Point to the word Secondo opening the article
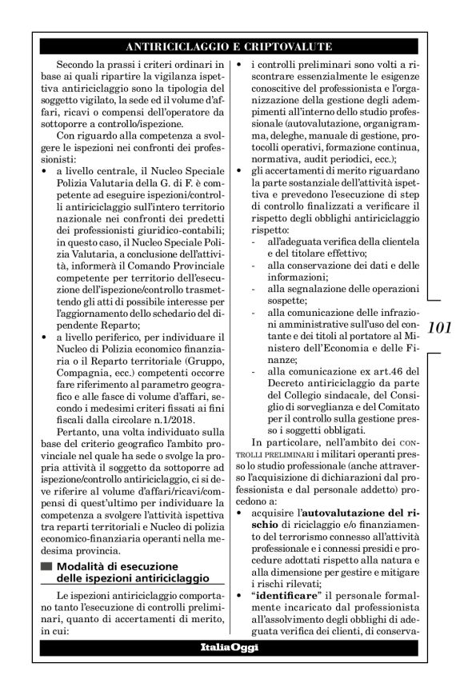point(79,62)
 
